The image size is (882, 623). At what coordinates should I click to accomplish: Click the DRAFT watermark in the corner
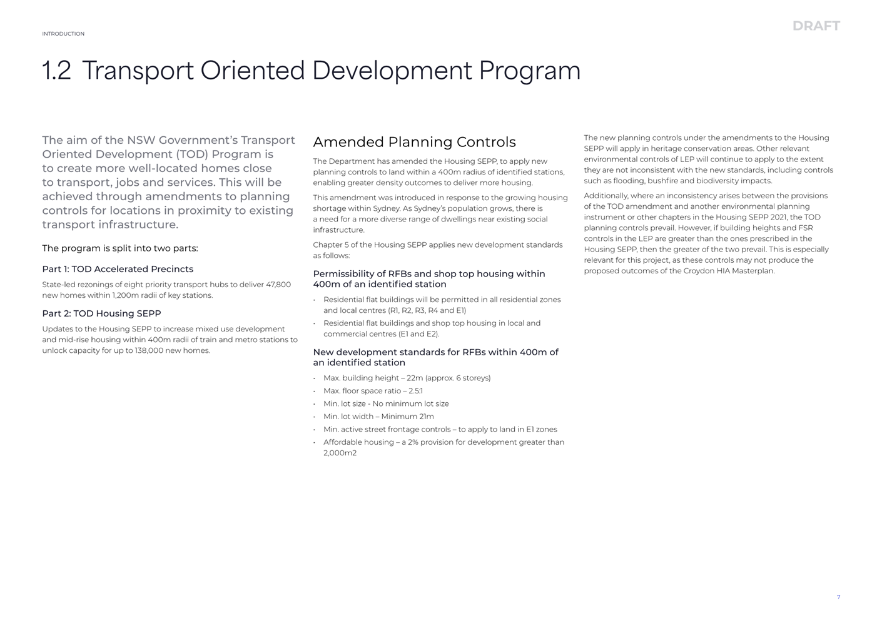pos(816,26)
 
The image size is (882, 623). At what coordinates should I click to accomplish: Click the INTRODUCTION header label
pos(63,34)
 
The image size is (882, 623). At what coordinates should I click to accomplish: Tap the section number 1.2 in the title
pos(56,71)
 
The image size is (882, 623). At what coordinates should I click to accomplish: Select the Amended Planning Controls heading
pos(414,142)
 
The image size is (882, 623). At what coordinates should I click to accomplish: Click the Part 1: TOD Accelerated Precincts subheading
pos(118,269)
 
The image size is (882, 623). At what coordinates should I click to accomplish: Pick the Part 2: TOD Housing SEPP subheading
pos(101,313)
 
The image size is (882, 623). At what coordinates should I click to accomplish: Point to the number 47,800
pos(278,285)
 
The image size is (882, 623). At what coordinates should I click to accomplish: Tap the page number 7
pos(838,597)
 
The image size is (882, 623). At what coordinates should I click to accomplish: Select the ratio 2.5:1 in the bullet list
pos(415,391)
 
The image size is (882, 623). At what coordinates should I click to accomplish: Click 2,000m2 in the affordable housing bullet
pos(340,453)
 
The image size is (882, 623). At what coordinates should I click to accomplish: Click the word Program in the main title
pos(530,71)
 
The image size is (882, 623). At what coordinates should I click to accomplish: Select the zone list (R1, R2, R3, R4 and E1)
pos(427,310)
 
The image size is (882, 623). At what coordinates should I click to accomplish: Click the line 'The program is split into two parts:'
pos(120,248)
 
